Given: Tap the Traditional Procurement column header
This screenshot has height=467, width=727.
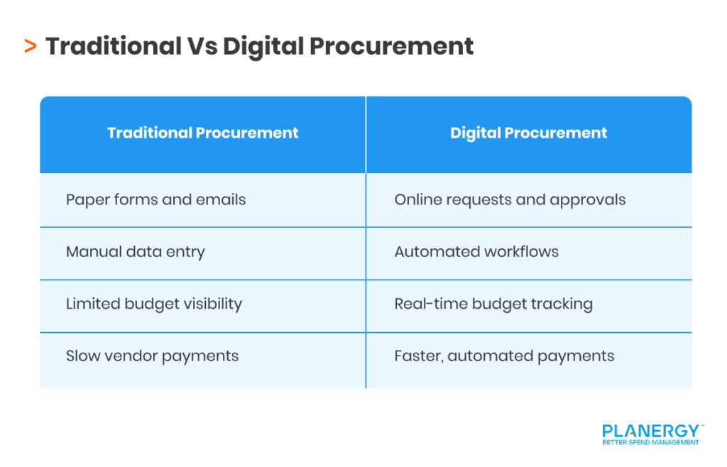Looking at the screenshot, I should pyautogui.click(x=202, y=133).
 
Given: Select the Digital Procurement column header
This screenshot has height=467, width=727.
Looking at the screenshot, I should pyautogui.click(x=528, y=133).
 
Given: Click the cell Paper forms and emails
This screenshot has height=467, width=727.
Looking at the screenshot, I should pyautogui.click(x=155, y=199).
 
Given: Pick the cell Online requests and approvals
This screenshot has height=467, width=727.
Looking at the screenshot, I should pyautogui.click(x=510, y=199).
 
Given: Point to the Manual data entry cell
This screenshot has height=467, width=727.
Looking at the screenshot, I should pyautogui.click(x=135, y=252).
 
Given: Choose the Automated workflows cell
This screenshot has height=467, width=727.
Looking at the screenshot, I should pyautogui.click(x=476, y=252).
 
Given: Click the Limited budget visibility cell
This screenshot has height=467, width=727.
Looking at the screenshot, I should pyautogui.click(x=153, y=304).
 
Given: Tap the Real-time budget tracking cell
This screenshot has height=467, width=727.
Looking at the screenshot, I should pyautogui.click(x=493, y=304).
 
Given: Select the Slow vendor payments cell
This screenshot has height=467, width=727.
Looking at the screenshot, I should pyautogui.click(x=152, y=356).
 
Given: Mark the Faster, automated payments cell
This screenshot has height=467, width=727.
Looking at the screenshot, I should pyautogui.click(x=504, y=356).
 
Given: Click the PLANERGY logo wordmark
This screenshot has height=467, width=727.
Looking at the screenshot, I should pyautogui.click(x=650, y=430).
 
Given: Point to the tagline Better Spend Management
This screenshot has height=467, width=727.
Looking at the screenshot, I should pyautogui.click(x=650, y=442).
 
